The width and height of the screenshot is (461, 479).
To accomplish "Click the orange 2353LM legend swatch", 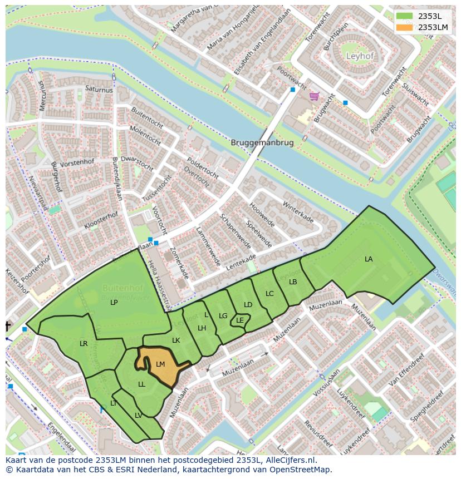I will click(x=405, y=27).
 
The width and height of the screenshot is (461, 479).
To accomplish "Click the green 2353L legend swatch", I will click(x=405, y=16).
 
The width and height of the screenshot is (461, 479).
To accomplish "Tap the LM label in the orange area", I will click(x=160, y=364).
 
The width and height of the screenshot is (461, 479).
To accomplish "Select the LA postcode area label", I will click(x=369, y=259).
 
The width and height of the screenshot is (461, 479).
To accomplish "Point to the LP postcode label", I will click(x=114, y=303).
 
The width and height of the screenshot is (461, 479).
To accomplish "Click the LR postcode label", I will click(x=84, y=344).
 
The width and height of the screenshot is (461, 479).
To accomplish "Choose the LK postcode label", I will click(x=176, y=340).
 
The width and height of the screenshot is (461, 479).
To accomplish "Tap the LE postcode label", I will click(x=240, y=320).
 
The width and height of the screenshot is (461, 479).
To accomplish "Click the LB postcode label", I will click(x=293, y=282).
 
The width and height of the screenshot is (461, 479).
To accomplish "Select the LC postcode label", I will click(x=269, y=294).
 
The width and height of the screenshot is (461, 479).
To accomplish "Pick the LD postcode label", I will click(x=248, y=305).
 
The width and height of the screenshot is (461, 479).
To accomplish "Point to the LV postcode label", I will click(x=138, y=416).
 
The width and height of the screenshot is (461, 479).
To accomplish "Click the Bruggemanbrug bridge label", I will click(x=262, y=142).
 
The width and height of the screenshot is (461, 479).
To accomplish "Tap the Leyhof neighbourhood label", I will click(x=360, y=56).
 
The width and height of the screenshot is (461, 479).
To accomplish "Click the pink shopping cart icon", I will click(x=314, y=96).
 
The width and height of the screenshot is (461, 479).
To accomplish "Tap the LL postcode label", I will click(x=141, y=384).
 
